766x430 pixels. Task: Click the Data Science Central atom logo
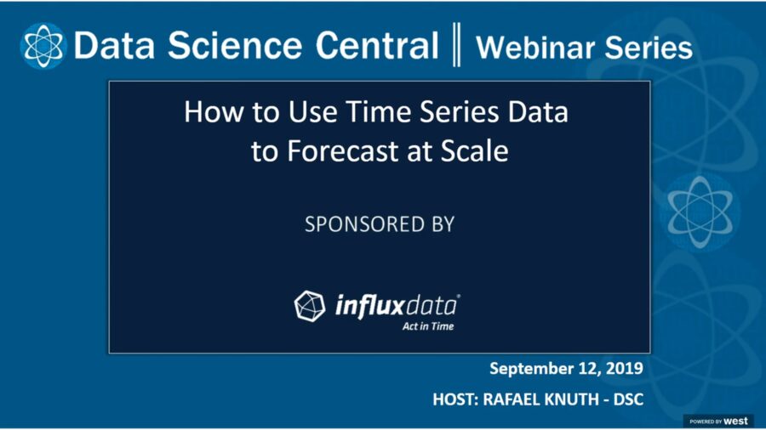43,45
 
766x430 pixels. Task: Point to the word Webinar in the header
532,48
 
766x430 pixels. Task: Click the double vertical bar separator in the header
456,46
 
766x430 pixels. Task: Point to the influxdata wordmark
397,304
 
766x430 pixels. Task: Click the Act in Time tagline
427,325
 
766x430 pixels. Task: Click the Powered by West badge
718,421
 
